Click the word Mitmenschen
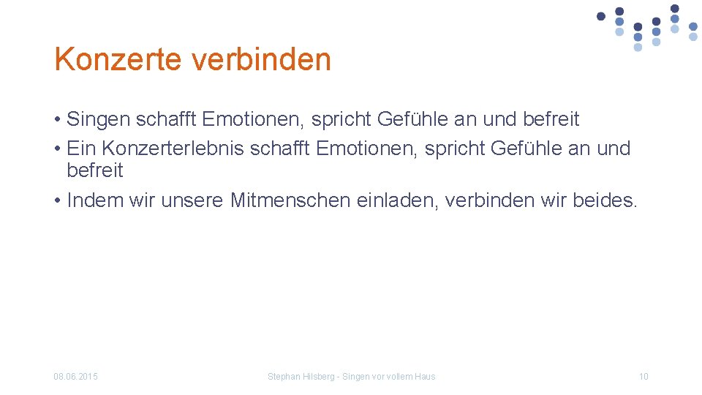tap(290, 200)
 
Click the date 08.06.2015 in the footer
tap(76, 377)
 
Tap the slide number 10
tap(643, 377)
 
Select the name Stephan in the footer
tap(283, 377)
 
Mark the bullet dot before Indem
tap(57, 200)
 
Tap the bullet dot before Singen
tap(57, 120)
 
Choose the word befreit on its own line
tap(95, 171)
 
